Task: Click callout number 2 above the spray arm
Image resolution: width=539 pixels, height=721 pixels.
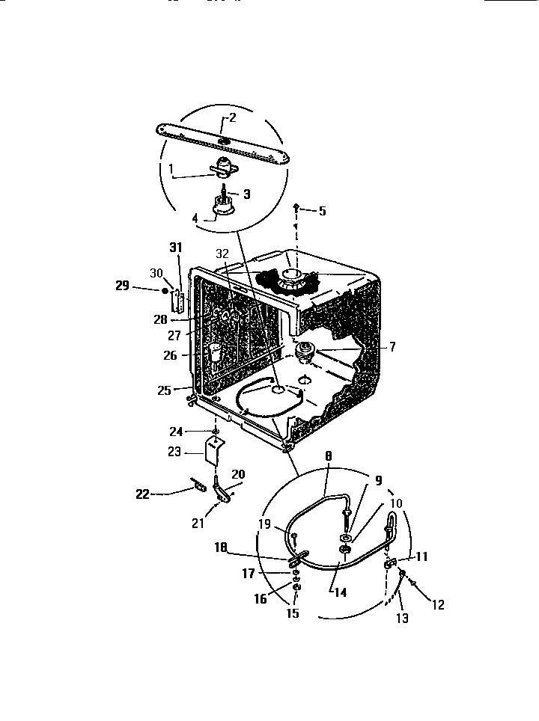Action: tap(232, 117)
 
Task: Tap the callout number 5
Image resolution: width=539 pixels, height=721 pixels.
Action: tap(322, 211)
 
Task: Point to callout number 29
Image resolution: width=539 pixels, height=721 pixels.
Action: tap(123, 286)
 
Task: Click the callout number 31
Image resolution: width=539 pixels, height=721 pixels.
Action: tap(176, 248)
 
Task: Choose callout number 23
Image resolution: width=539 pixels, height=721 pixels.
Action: tap(174, 451)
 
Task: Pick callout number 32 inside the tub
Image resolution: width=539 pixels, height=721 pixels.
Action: tap(222, 254)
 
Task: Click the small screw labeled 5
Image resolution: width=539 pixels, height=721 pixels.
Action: tap(297, 205)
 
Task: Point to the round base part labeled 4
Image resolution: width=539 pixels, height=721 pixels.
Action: tap(222, 210)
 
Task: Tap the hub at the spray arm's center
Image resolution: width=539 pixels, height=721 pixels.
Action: tap(225, 141)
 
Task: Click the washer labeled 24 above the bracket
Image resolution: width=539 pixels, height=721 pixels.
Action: tap(215, 432)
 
